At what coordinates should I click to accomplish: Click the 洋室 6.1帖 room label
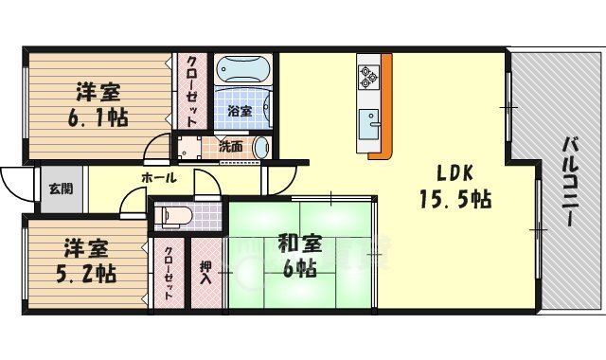(x=98, y=106)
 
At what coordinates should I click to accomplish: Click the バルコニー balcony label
(x=570, y=180)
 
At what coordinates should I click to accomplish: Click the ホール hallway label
(x=157, y=178)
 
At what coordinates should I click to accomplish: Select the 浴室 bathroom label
(x=240, y=111)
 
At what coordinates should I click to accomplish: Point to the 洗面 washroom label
(x=231, y=147)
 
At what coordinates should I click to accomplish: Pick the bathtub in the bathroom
(x=244, y=70)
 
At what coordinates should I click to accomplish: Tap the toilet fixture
(x=174, y=217)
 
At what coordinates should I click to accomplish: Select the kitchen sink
(x=368, y=123)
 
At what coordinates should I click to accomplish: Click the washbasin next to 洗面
(x=259, y=148)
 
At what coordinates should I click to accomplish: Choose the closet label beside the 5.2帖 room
(x=168, y=273)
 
